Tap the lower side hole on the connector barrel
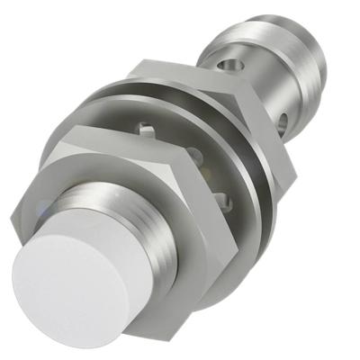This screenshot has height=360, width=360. [x=286, y=120]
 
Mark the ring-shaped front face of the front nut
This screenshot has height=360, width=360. [x=90, y=171]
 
